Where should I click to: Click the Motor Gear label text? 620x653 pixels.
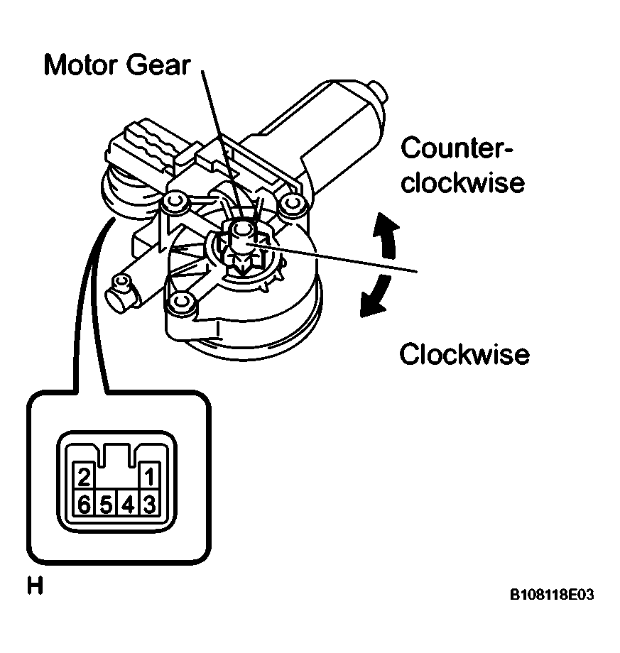(x=117, y=66)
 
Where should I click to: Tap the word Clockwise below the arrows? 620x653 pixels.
(x=464, y=354)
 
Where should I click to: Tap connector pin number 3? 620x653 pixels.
(x=150, y=505)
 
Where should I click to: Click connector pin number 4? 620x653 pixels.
(x=128, y=505)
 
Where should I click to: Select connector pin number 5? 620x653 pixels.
(x=106, y=505)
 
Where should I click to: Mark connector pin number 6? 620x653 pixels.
(x=84, y=505)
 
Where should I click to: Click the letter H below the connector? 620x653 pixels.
(x=33, y=586)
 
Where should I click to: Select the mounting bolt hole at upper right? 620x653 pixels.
(x=290, y=204)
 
